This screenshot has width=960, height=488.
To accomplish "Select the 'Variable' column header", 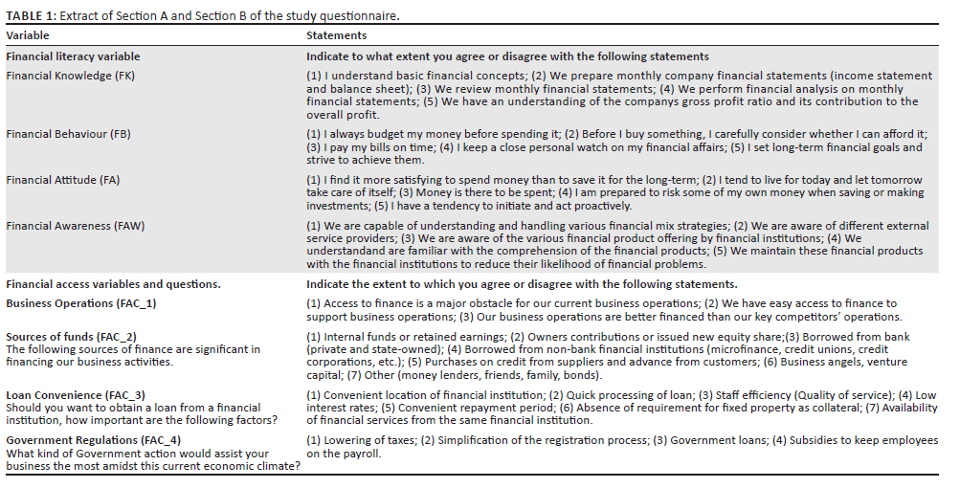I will (29, 35).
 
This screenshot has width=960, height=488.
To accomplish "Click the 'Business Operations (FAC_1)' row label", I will (80, 303).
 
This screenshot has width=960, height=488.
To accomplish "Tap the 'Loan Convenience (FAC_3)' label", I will (76, 394).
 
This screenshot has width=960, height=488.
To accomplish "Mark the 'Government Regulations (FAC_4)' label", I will (87, 440).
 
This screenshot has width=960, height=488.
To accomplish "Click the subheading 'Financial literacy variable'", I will (73, 56).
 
